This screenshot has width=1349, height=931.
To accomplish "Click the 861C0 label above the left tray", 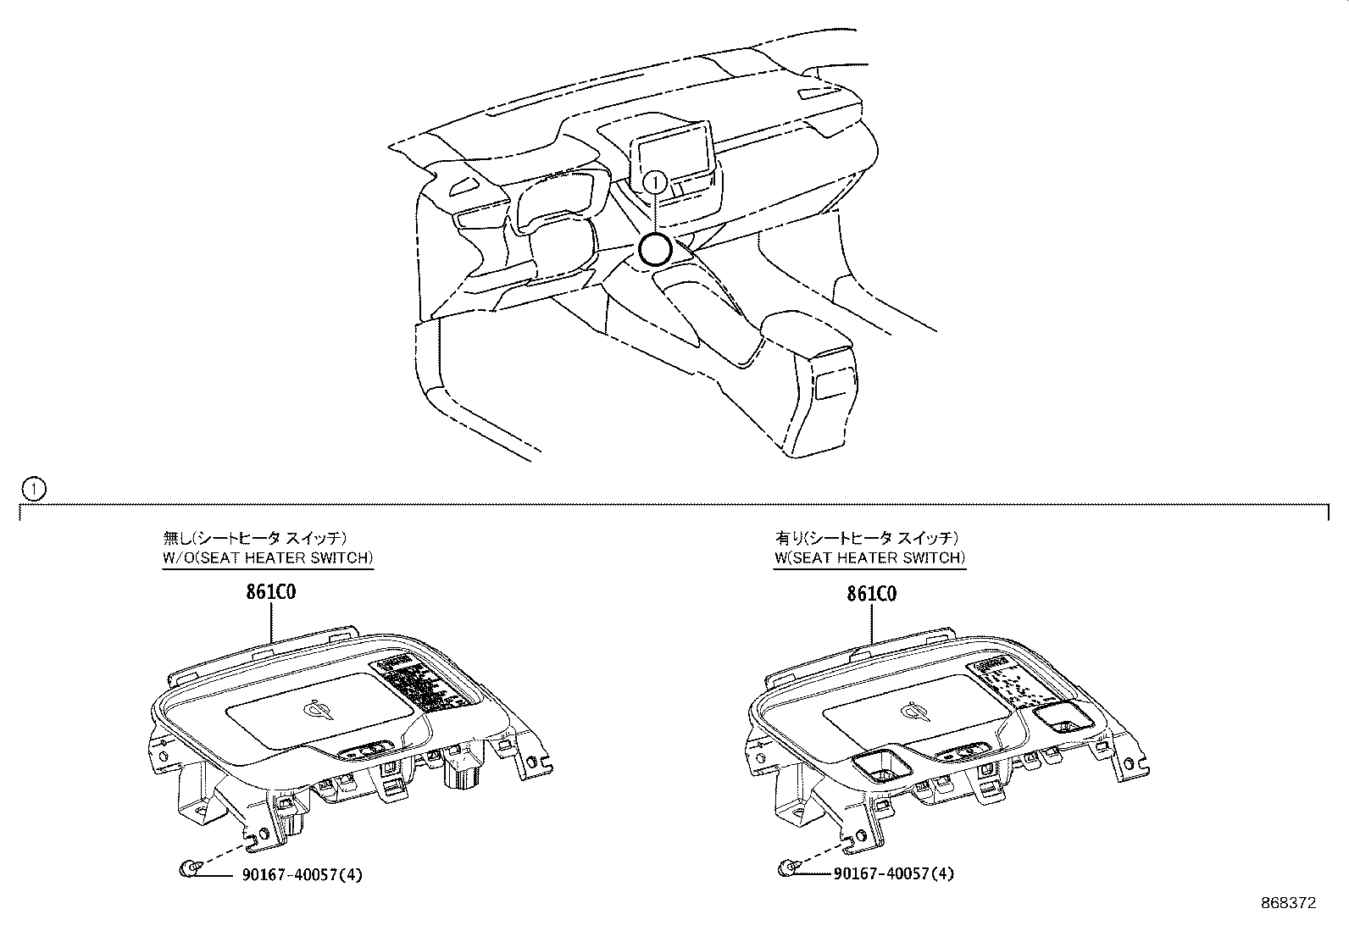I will (270, 593).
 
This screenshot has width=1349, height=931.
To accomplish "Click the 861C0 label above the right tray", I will (871, 594).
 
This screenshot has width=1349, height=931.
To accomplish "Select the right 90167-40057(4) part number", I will (893, 873).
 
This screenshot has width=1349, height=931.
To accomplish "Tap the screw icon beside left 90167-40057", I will (190, 867).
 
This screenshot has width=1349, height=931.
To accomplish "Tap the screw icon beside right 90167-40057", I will (787, 867).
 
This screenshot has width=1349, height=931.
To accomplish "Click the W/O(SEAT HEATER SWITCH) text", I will (268, 558).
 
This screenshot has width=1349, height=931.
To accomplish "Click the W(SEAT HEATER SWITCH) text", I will (869, 558).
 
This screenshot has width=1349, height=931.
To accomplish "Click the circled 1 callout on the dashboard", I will (654, 181).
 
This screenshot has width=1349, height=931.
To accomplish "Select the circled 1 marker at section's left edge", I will (32, 488).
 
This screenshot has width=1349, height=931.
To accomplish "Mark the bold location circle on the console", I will (654, 250).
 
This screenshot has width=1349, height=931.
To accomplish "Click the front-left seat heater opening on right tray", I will (880, 766).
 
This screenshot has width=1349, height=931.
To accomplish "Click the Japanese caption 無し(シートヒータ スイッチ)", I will (255, 537).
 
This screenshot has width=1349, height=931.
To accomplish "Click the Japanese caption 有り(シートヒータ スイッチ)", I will (867, 537).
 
